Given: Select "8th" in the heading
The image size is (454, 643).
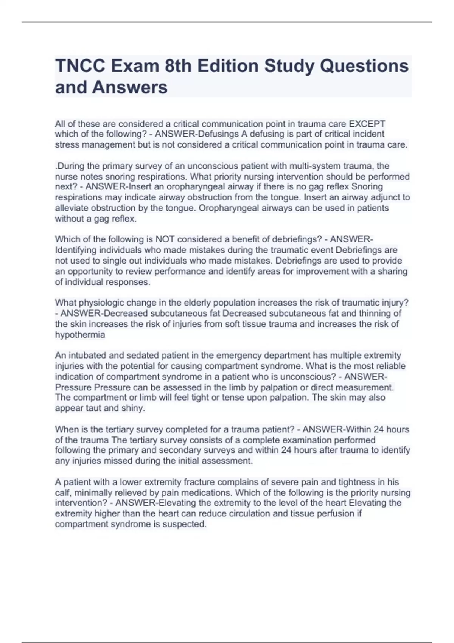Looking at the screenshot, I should coord(179,66).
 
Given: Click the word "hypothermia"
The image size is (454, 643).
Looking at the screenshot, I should coord(80,335).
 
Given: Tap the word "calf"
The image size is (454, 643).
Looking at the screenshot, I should coord(63,493).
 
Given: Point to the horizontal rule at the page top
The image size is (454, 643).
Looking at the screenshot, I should coord(227,22).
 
